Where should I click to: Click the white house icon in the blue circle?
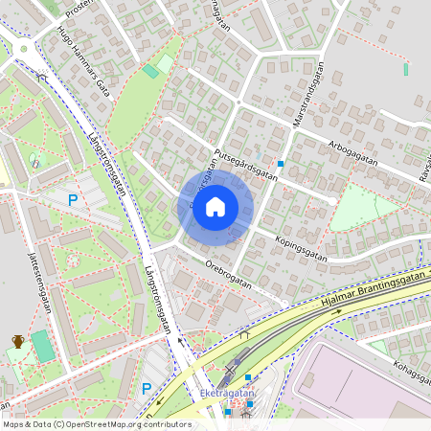(215, 207)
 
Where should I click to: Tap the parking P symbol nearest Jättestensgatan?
(72, 200)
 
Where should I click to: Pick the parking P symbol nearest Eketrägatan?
(146, 388)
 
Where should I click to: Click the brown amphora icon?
(17, 341)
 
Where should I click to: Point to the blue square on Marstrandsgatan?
(281, 164)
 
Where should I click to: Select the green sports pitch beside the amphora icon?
(42, 346)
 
